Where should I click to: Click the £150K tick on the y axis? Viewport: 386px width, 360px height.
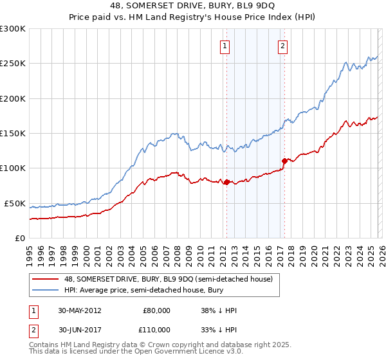tap(13, 134)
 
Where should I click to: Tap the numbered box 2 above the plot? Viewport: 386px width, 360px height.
tap(283, 46)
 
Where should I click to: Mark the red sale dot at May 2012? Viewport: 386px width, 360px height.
tap(226, 182)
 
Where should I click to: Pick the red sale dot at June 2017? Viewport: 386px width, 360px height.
tap(284, 161)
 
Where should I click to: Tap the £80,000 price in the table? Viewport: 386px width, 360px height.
tap(157, 310)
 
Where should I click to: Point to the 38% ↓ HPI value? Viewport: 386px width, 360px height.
tap(219, 310)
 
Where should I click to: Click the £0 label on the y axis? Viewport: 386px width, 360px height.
tap(19, 238)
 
